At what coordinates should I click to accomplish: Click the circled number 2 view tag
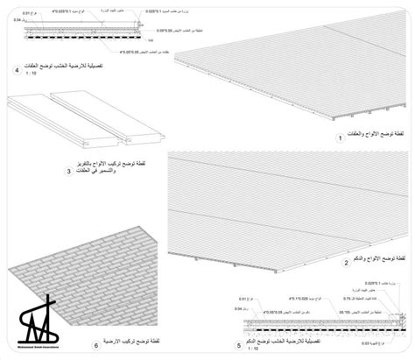[x=347, y=262]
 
